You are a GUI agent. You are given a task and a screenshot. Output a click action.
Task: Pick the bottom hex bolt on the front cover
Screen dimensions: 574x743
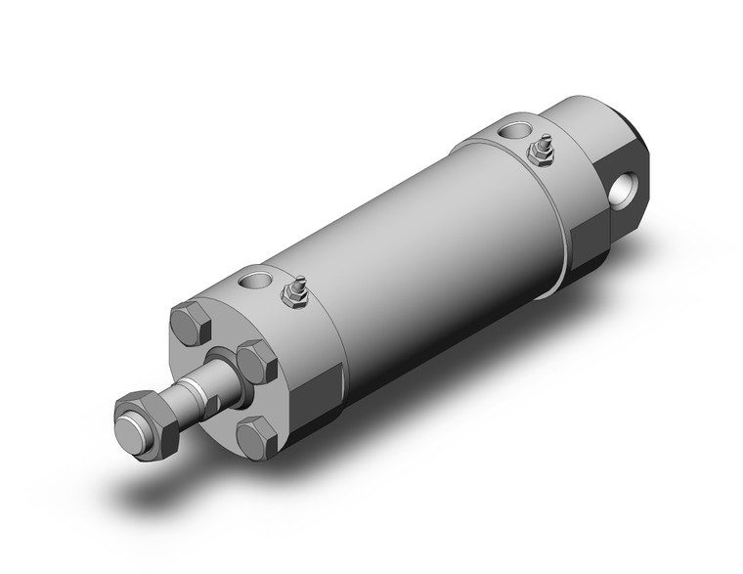click(x=258, y=436)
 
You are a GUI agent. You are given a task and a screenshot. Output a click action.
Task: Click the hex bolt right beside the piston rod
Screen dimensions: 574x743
click(x=257, y=361)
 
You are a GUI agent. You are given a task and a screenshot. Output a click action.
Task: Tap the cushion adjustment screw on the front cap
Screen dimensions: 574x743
click(x=292, y=292)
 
